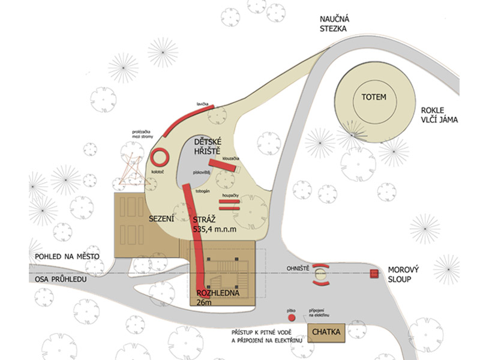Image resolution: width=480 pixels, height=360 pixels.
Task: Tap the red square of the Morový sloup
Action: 374,274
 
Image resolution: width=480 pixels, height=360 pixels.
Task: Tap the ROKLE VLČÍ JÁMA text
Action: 439,115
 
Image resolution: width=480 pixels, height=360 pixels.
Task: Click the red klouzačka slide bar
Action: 223,166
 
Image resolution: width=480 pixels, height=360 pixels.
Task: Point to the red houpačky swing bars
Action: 229,205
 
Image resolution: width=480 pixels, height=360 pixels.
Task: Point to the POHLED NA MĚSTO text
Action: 67,257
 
